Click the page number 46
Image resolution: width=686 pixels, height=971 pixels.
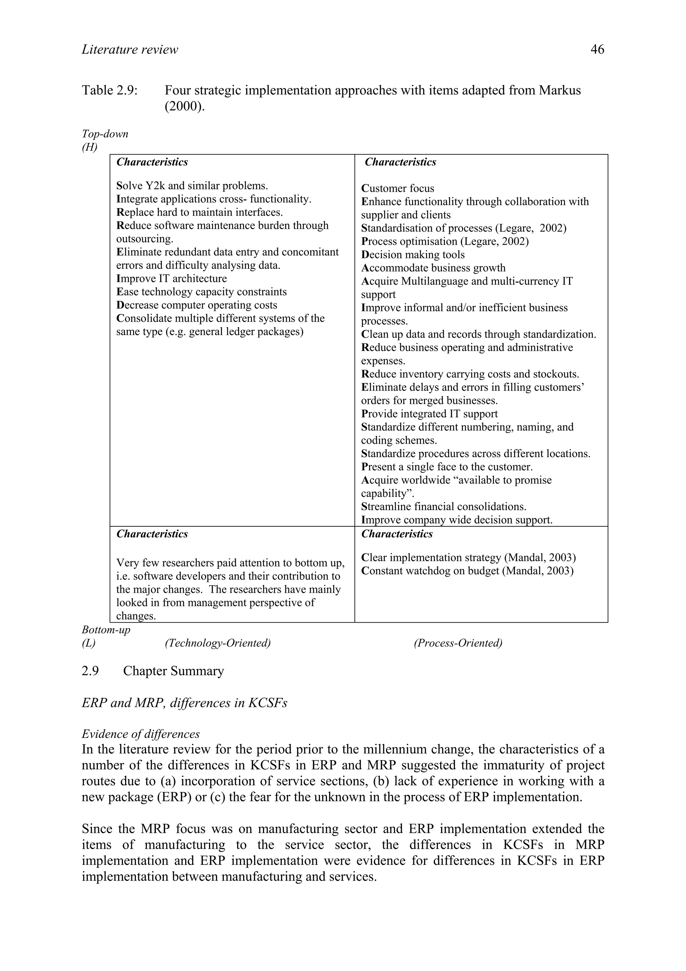(597, 50)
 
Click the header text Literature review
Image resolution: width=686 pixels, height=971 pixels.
(130, 50)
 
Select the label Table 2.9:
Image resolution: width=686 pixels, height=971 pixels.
(110, 90)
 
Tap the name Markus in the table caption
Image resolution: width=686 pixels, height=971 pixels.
(560, 90)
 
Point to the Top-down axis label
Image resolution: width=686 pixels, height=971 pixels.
(105, 134)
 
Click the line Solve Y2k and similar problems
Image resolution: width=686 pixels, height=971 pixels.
(192, 186)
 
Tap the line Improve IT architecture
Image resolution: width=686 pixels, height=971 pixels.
(171, 278)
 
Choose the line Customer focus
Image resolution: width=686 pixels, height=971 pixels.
(397, 188)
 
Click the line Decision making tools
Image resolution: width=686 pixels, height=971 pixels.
(413, 255)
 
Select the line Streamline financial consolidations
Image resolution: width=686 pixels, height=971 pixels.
(443, 506)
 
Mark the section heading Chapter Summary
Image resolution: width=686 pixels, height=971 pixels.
(173, 671)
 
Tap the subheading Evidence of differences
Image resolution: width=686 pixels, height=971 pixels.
(140, 734)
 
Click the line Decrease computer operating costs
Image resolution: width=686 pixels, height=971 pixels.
(197, 305)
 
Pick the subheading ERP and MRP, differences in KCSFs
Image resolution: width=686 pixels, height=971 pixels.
(184, 703)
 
